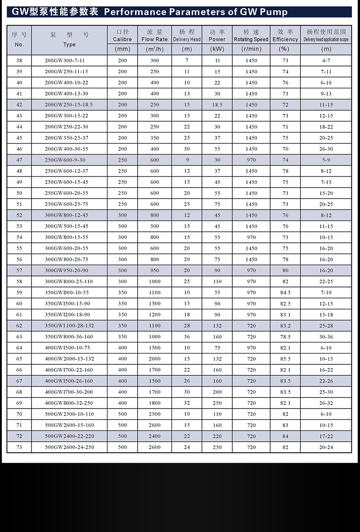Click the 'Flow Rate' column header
154,39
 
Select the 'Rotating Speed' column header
251,39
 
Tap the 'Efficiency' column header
285,39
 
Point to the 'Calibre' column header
122,39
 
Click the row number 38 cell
19,61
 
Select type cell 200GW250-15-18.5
69,105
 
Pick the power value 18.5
217,105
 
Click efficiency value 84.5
285,292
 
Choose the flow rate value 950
154,271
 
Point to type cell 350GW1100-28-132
69,326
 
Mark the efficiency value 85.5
285,359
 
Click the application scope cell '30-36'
326,337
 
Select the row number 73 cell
19,447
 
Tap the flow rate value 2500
154,414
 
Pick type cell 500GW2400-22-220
69,436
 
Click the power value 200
217,392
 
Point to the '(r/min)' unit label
251,49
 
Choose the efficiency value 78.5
285,337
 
